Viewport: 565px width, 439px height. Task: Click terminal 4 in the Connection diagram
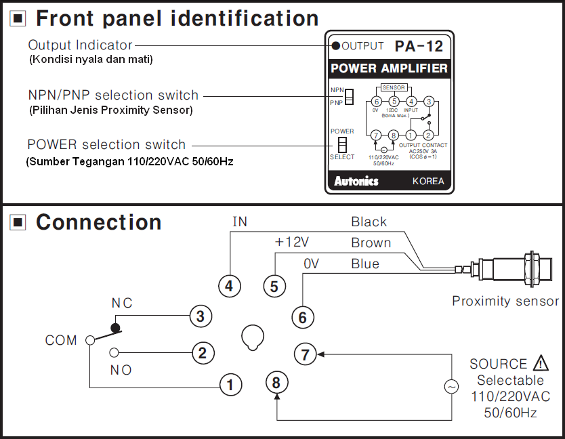[x=229, y=287]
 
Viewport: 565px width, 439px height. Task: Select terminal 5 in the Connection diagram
[x=274, y=287]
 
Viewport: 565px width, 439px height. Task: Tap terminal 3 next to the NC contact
[x=199, y=316]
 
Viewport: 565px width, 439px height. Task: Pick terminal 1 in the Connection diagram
[x=230, y=385]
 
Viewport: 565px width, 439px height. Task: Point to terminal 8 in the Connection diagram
[x=276, y=383]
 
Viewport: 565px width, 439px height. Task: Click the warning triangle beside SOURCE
[x=541, y=363]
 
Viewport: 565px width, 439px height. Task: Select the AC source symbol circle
[x=451, y=387]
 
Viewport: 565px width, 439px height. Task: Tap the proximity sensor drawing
[x=507, y=270]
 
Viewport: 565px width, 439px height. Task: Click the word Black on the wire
[x=369, y=222]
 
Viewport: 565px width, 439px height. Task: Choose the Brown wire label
[x=371, y=243]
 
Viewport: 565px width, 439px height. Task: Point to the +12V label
[x=291, y=243]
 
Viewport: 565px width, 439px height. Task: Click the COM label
[x=61, y=340]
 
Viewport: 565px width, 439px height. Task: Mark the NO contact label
[x=121, y=370]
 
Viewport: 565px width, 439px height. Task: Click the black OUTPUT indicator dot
[x=335, y=47]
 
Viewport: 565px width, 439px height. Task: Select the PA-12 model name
[x=419, y=46]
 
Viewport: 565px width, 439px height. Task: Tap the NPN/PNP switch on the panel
[x=350, y=97]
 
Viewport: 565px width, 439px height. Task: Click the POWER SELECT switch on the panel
[x=342, y=144]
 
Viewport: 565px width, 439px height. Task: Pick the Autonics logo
[x=356, y=181]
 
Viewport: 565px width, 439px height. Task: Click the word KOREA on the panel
[x=428, y=181]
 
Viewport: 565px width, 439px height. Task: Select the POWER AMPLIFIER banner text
[x=388, y=68]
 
